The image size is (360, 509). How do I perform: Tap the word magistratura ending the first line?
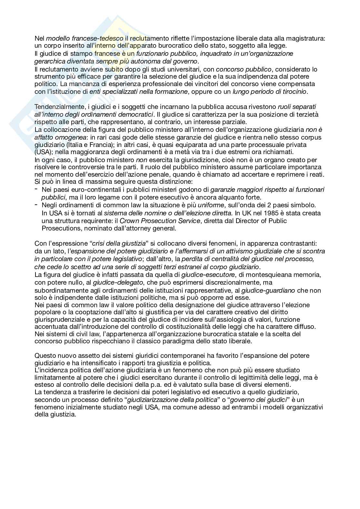(x=307, y=38)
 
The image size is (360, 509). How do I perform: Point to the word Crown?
(x=128, y=221)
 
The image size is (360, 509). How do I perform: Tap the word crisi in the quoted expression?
(x=99, y=243)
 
